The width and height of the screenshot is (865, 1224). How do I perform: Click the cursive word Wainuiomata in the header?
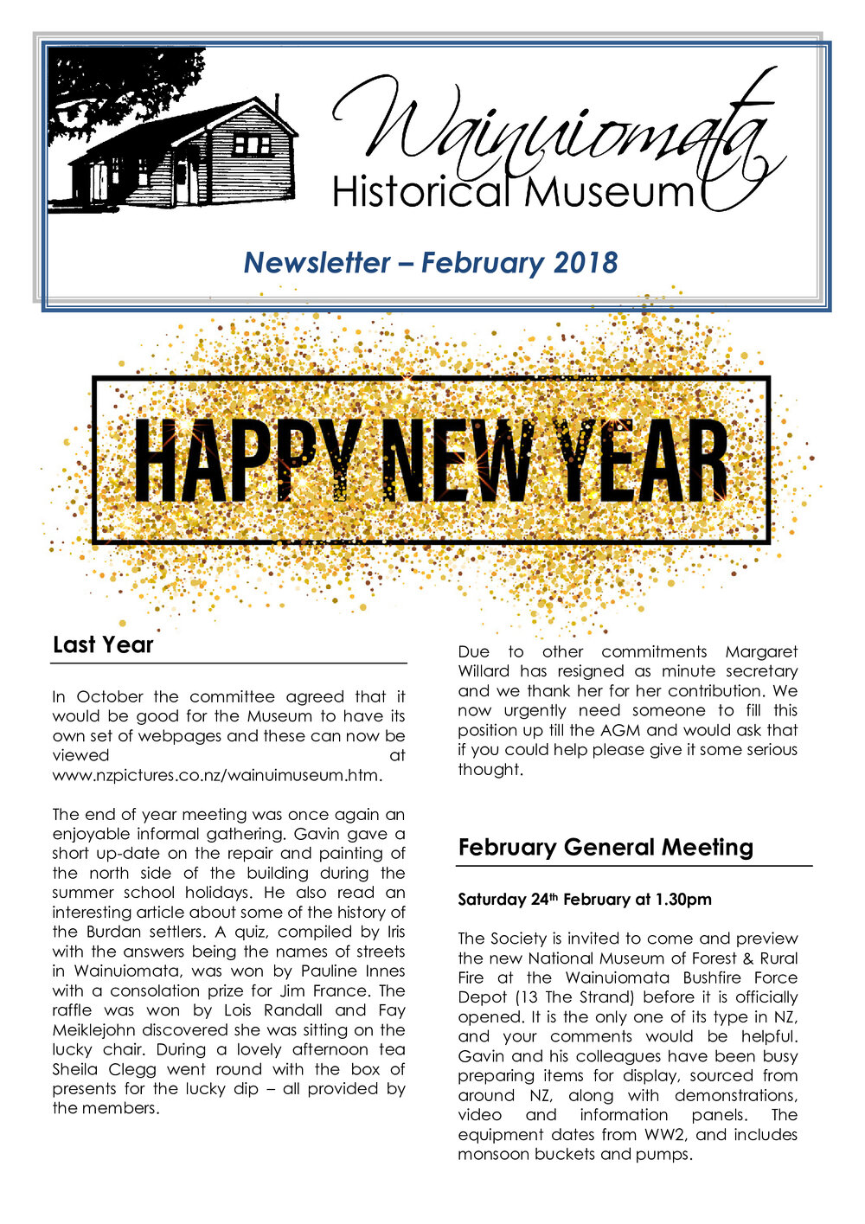pos(554,130)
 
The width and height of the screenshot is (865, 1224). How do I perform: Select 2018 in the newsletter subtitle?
pos(586,262)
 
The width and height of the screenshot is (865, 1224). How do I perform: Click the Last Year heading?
pos(103,644)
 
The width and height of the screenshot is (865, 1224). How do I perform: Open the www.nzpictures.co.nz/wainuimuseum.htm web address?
pos(216,775)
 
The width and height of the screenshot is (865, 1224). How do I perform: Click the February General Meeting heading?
pos(605,847)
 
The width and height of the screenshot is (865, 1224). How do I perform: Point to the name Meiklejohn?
pos(93,1030)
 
